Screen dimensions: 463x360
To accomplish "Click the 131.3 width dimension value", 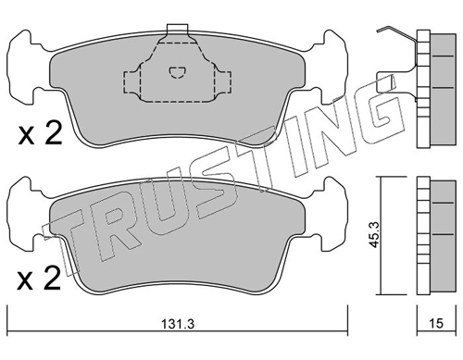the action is (178, 324).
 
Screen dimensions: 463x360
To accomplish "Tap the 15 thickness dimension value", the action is (436, 323).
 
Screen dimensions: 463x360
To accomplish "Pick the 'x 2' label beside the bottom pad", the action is (39, 279).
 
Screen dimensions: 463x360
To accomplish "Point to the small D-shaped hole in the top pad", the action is (177, 72).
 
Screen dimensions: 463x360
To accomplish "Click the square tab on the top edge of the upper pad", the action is (177, 29).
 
